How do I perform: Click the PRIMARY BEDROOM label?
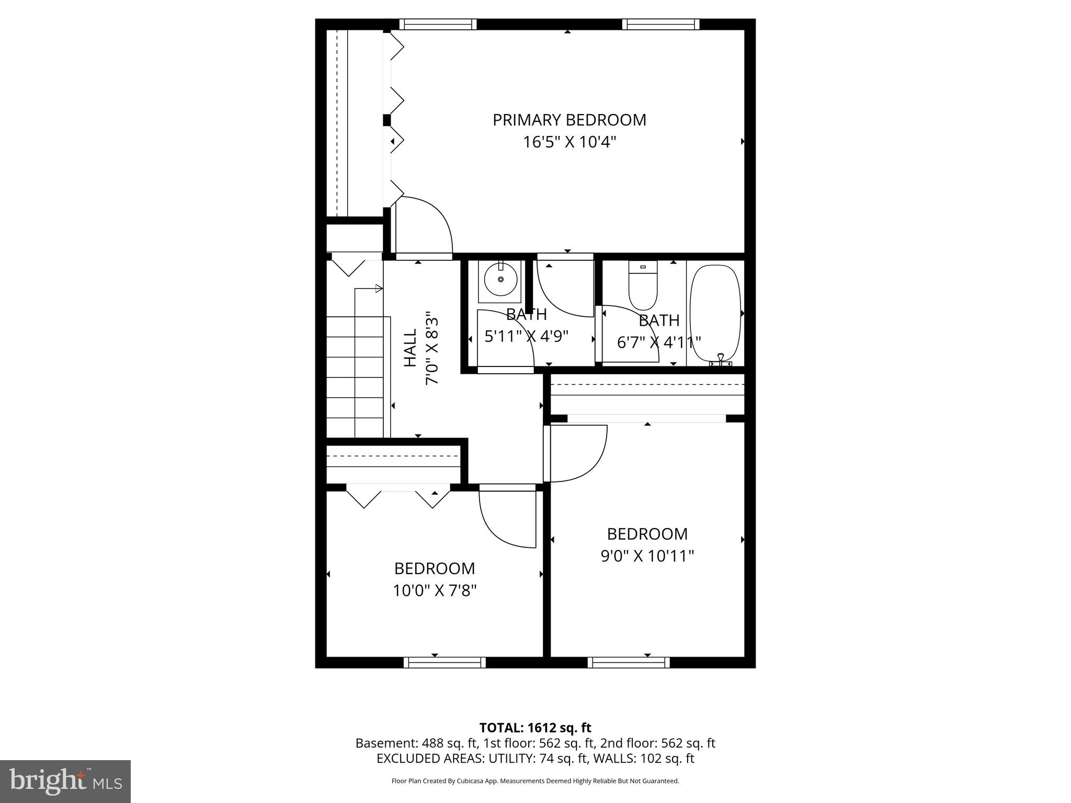569,120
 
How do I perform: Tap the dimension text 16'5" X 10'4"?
569,142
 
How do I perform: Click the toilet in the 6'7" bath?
643,288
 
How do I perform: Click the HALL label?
411,348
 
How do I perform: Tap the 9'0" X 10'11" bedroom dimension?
647,556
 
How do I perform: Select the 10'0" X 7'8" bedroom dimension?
435,591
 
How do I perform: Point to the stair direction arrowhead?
379,289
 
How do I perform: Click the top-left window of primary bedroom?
438,25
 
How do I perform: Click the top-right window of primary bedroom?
660,25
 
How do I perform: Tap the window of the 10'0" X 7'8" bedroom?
445,662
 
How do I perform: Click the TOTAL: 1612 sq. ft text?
535,728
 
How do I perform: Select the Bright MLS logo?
65,782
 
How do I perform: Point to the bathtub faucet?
721,359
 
